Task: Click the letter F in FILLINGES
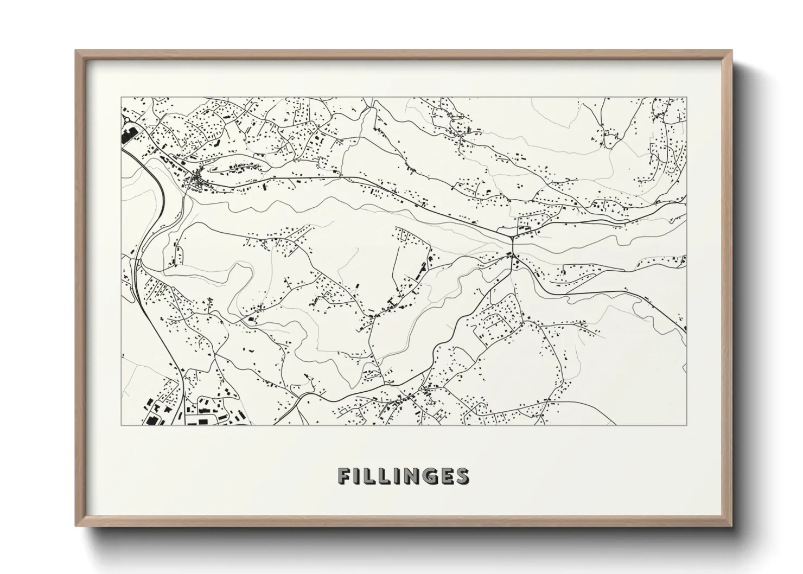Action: click(x=344, y=476)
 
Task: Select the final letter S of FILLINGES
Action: click(x=461, y=476)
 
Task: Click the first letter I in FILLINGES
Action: click(x=358, y=476)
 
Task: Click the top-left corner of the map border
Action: click(x=121, y=98)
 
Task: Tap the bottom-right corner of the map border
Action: click(x=687, y=425)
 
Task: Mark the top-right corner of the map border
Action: click(x=687, y=98)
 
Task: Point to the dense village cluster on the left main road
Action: click(x=196, y=180)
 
